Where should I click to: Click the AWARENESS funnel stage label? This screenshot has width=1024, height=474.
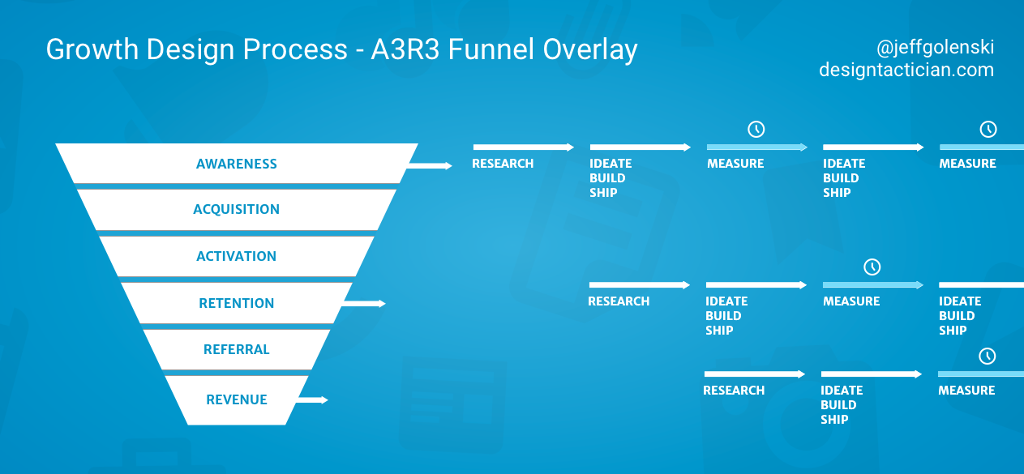tap(237, 164)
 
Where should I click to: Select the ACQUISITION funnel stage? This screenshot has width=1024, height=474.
tap(236, 209)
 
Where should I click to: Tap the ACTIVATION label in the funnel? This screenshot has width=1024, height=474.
tap(236, 256)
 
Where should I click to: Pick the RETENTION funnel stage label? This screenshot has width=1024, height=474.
tap(237, 303)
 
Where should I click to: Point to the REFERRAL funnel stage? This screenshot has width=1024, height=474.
tap(237, 349)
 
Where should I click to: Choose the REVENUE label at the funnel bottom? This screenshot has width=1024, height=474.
tap(237, 399)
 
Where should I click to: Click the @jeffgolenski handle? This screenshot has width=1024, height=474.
tap(935, 48)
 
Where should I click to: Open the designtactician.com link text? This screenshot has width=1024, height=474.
tap(906, 70)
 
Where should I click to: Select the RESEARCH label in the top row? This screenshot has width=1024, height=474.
tap(503, 164)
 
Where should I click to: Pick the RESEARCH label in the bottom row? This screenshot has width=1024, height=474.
tap(734, 391)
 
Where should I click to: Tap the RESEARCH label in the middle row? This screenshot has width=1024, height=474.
tap(619, 301)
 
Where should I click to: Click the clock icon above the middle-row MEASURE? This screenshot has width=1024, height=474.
tap(872, 267)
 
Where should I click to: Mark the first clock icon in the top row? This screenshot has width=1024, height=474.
tap(756, 129)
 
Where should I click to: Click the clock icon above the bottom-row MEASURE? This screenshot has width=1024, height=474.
tap(988, 356)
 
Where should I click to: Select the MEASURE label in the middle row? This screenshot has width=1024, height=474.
tap(851, 301)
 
